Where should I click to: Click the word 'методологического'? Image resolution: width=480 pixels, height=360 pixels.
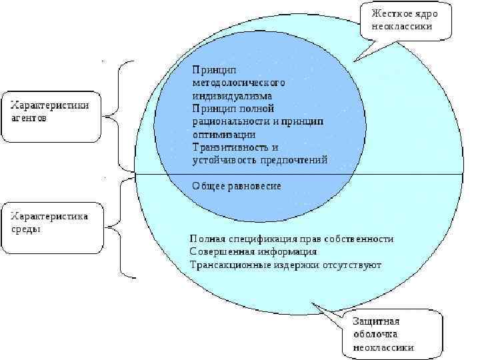[238, 83]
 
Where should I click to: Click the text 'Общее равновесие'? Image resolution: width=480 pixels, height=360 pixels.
[237, 185]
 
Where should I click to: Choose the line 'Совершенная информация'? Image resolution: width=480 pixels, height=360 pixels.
[253, 252]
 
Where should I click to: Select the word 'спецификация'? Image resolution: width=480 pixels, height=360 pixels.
[257, 239]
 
